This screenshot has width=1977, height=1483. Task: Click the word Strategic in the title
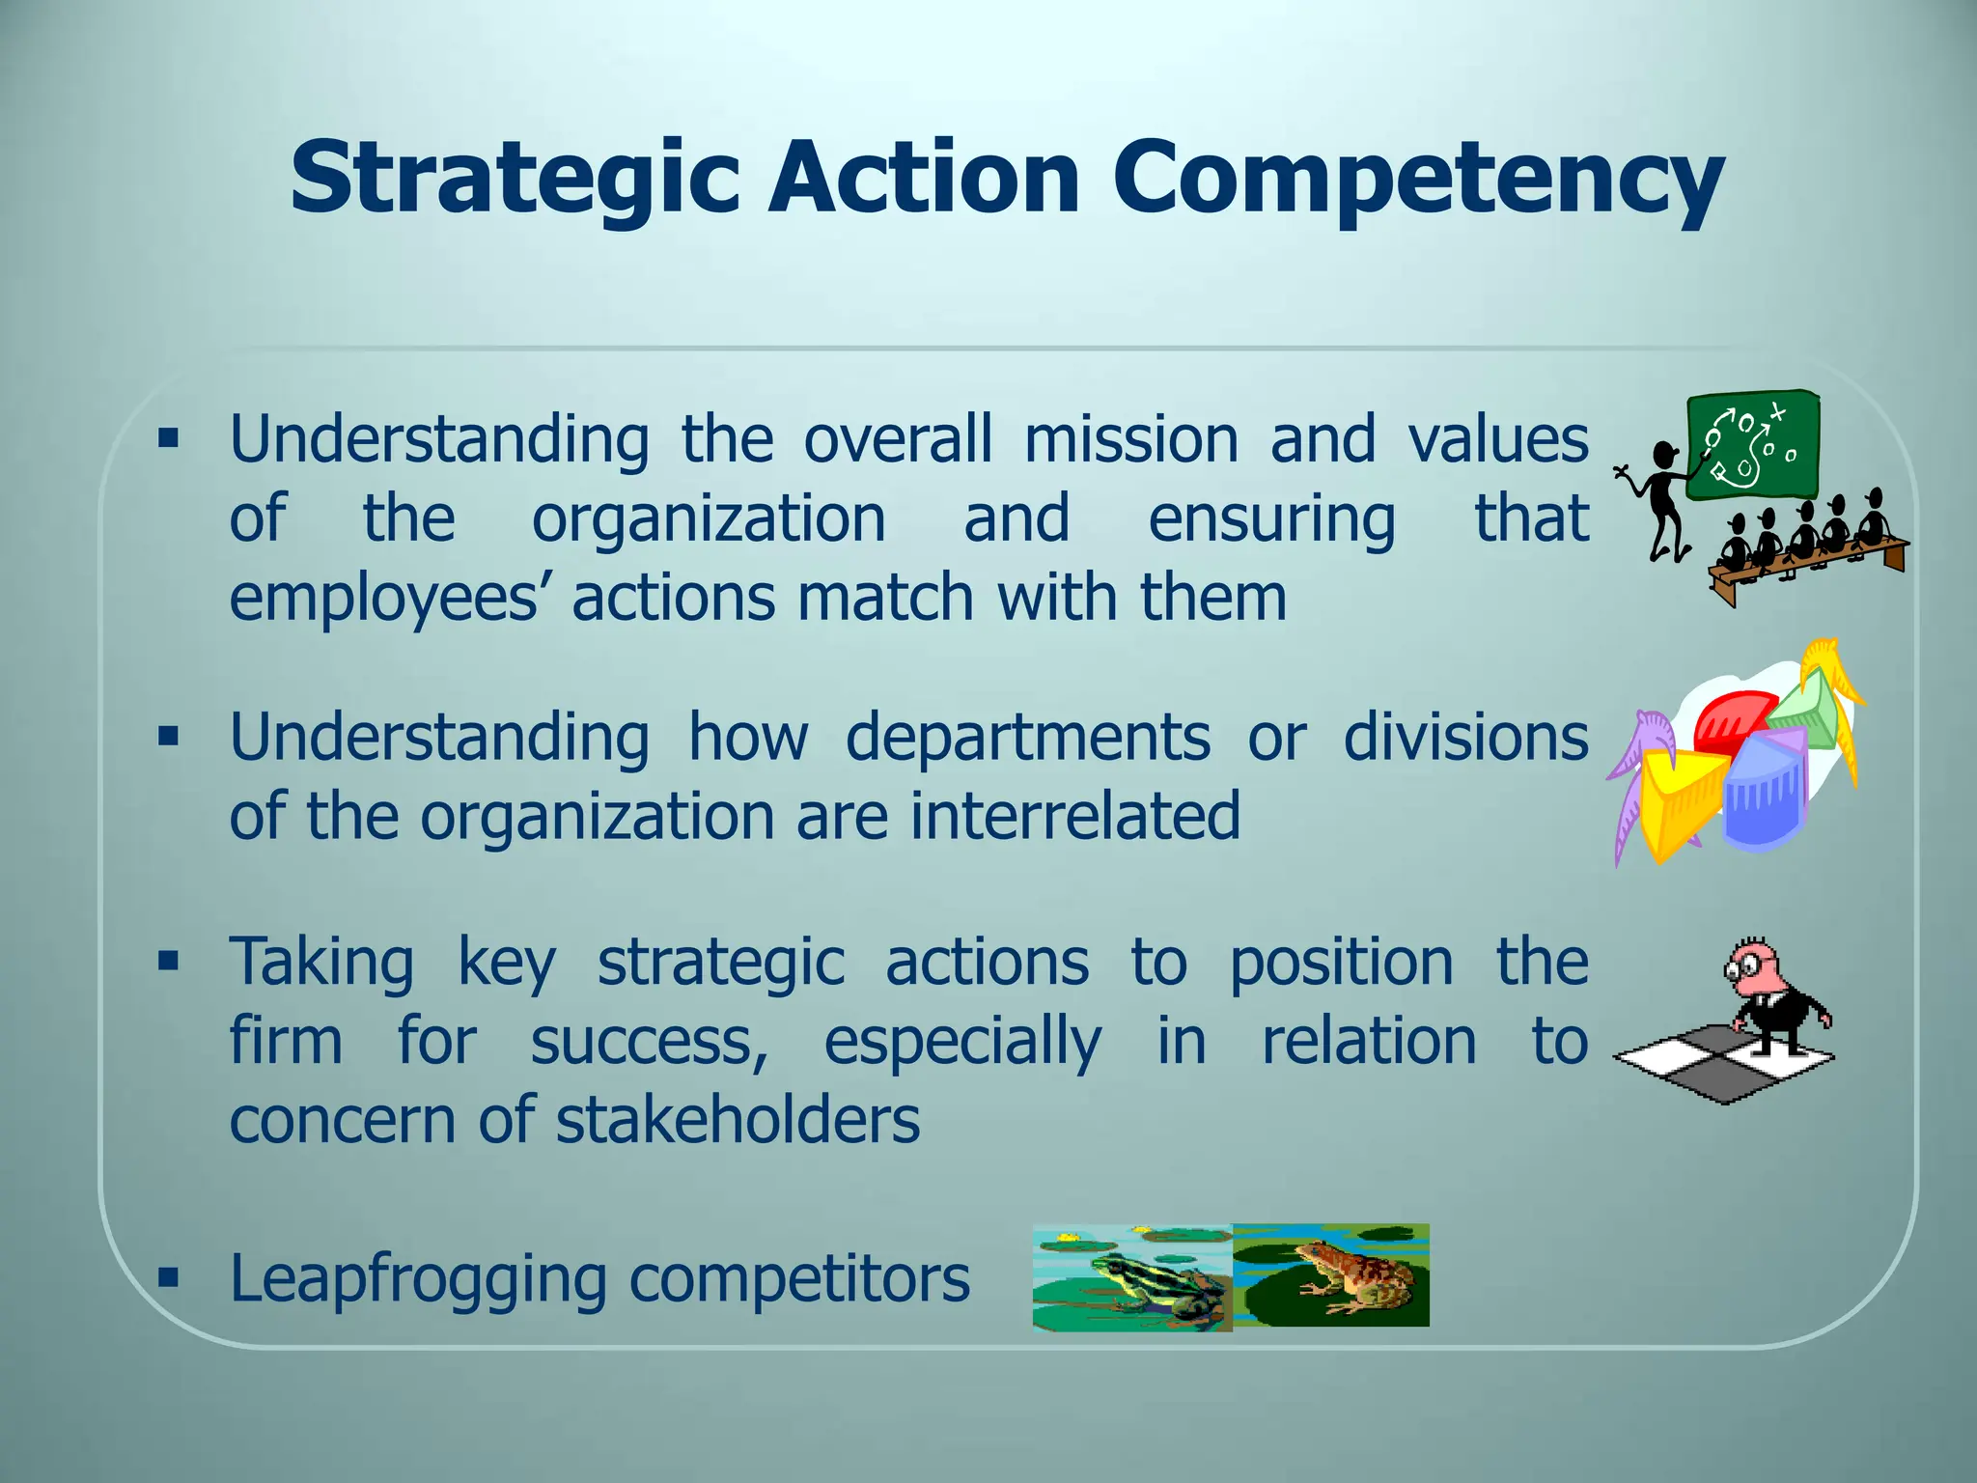click(x=515, y=180)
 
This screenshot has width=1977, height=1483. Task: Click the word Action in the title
click(x=924, y=178)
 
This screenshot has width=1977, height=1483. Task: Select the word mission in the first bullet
click(x=1130, y=440)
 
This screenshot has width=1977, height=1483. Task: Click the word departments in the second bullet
click(x=1027, y=739)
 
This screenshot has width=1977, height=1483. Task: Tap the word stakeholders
click(x=738, y=1121)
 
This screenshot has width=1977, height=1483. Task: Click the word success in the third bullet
click(x=648, y=1043)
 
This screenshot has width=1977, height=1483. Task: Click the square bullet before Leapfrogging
click(x=169, y=1278)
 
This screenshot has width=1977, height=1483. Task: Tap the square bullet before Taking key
click(x=169, y=962)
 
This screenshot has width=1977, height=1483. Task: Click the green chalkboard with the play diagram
click(x=1752, y=447)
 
